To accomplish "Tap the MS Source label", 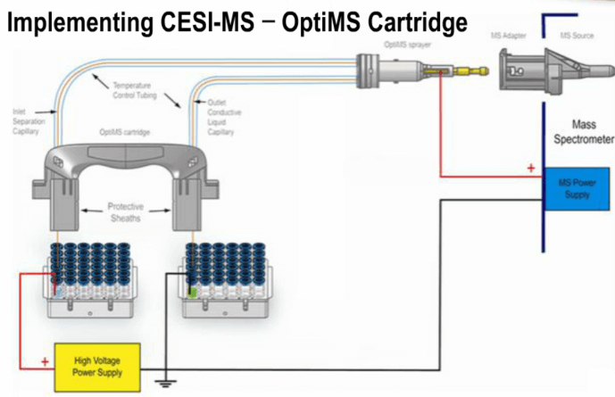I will (578, 35).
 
